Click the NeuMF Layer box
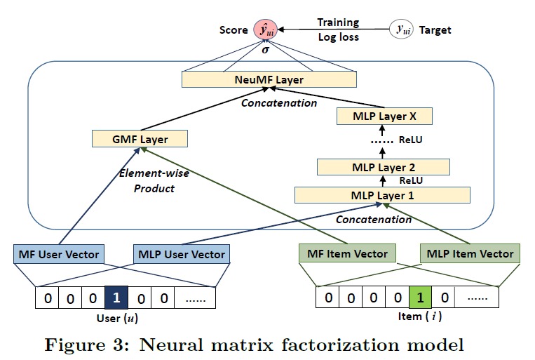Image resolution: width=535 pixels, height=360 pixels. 269,80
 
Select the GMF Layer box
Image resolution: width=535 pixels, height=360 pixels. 140,139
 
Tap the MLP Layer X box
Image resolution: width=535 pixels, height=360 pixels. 383,116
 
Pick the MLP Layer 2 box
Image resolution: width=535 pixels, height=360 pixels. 383,167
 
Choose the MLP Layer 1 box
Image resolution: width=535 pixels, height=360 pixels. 383,196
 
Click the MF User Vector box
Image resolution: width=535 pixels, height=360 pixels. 57,253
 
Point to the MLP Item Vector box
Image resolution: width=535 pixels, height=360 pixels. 469,253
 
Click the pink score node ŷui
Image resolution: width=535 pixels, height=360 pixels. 266,30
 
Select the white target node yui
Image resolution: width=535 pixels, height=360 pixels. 402,30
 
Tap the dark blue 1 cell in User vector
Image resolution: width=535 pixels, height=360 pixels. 116,298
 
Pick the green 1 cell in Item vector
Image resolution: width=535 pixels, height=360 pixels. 419,298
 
